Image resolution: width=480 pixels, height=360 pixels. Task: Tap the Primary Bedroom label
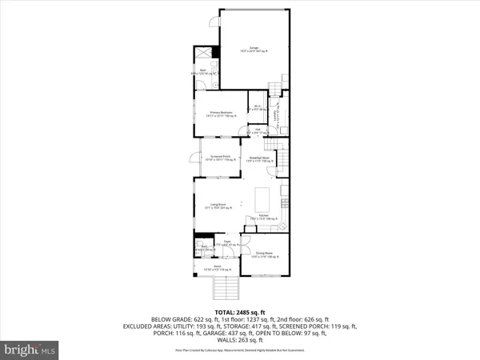click(222, 114)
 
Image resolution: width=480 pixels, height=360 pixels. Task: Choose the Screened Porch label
click(221, 158)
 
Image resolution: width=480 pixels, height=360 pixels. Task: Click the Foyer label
click(227, 242)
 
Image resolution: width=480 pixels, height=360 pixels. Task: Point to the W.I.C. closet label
click(258, 108)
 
